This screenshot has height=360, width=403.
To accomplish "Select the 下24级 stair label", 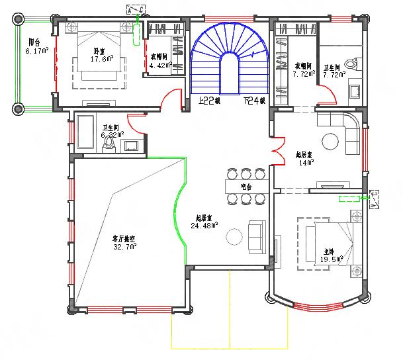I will pos(253,101).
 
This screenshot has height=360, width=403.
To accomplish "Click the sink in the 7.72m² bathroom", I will pos(355,89).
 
